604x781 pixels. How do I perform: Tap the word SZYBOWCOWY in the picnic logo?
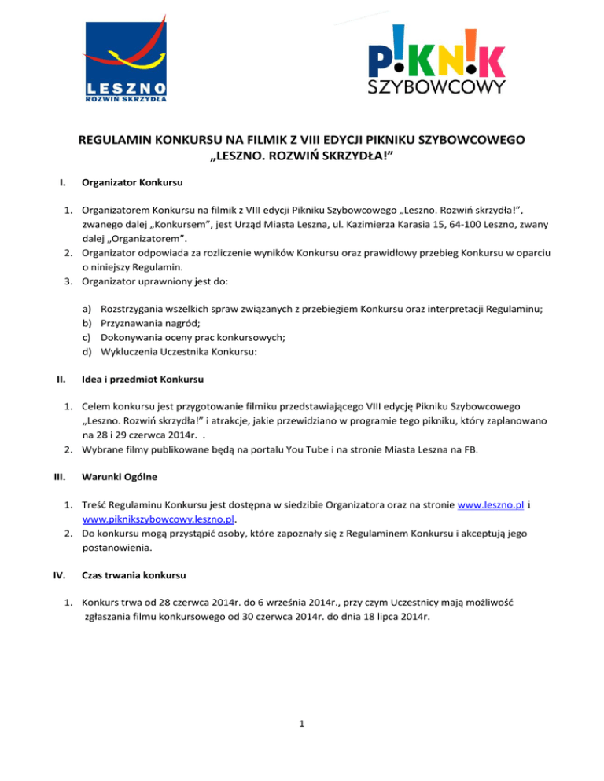(438, 84)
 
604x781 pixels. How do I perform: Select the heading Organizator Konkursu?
(133, 184)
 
